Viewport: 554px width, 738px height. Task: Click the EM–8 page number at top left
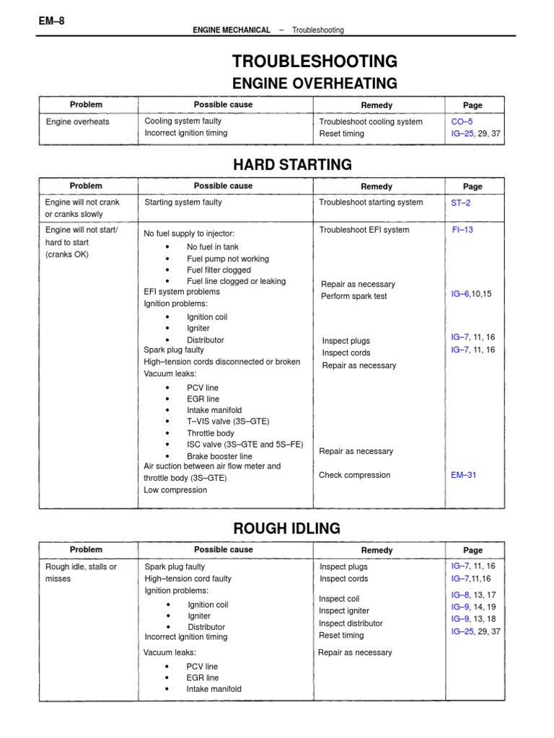tap(52, 21)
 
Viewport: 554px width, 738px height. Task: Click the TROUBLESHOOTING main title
tap(314, 61)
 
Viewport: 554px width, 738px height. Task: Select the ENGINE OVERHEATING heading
tap(314, 83)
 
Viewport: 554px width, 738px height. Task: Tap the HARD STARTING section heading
tap(293, 164)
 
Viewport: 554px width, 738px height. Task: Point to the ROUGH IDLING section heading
tap(287, 528)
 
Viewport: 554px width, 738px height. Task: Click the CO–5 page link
tap(462, 122)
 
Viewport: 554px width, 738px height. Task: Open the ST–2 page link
tap(461, 203)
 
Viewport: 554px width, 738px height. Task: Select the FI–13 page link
tap(462, 230)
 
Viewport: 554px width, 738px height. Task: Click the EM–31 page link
tap(464, 475)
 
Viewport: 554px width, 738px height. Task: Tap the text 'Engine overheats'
tap(78, 122)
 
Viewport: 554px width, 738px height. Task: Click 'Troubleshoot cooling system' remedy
tap(371, 122)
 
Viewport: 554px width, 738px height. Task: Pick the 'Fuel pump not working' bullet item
tap(227, 259)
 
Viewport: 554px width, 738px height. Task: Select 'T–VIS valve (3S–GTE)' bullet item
tap(228, 422)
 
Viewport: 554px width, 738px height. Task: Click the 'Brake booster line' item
tap(219, 456)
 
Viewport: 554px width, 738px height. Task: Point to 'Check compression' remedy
tap(354, 475)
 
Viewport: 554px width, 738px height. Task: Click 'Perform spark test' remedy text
tap(353, 296)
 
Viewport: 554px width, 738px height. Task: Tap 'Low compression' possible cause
tap(175, 490)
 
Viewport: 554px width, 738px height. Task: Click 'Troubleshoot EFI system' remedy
tap(364, 230)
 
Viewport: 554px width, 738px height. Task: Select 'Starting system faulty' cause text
tap(183, 203)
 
